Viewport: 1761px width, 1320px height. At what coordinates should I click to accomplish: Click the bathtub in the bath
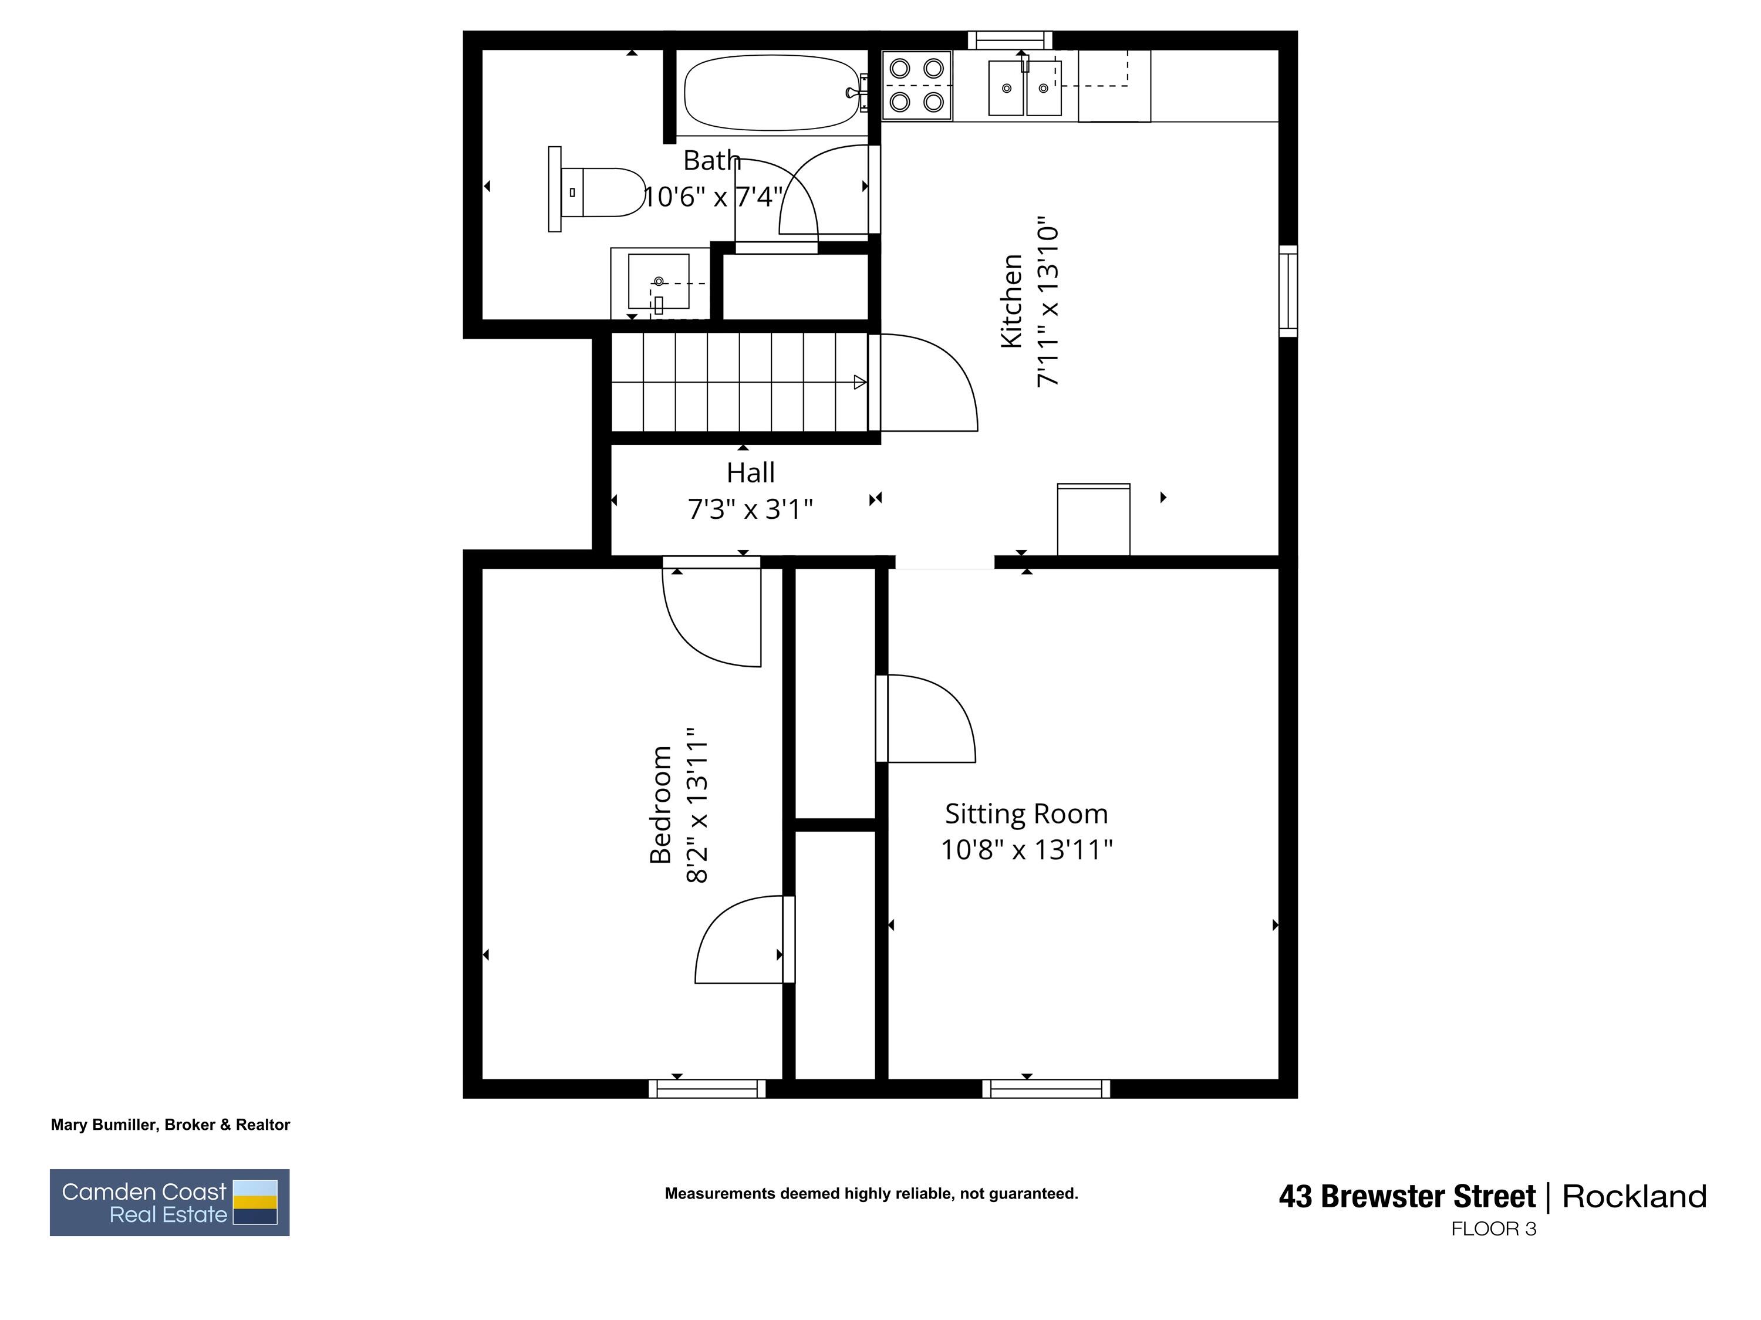click(x=771, y=92)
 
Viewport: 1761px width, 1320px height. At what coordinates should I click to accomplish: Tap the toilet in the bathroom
click(x=601, y=192)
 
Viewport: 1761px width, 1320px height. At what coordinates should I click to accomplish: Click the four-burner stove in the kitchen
click(x=916, y=85)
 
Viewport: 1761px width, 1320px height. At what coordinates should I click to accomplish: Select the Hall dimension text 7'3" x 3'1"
click(x=750, y=509)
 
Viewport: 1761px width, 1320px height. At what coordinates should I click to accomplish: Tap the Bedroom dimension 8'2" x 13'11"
click(x=697, y=804)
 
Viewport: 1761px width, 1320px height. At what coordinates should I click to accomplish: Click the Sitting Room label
click(x=1025, y=813)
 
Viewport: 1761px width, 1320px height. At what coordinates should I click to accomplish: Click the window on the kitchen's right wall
click(x=1287, y=291)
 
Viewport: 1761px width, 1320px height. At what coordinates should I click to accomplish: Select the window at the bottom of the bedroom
click(x=706, y=1088)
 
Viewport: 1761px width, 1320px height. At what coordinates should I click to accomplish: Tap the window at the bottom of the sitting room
click(x=1045, y=1088)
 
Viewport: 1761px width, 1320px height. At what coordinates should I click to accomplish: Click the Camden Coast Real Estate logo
click(x=170, y=1202)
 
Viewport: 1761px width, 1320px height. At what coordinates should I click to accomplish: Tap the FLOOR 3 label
click(x=1493, y=1229)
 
